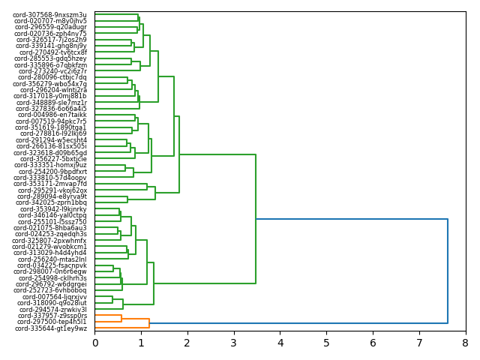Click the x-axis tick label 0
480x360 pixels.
(x=95, y=343)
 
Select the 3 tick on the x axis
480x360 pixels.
(x=234, y=343)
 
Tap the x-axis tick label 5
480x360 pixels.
(x=326, y=343)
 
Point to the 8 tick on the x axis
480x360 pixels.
(x=465, y=343)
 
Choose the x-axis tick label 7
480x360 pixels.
(x=419, y=343)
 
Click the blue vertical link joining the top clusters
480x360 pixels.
(x=448, y=271)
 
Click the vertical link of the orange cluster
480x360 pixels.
(x=149, y=323)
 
